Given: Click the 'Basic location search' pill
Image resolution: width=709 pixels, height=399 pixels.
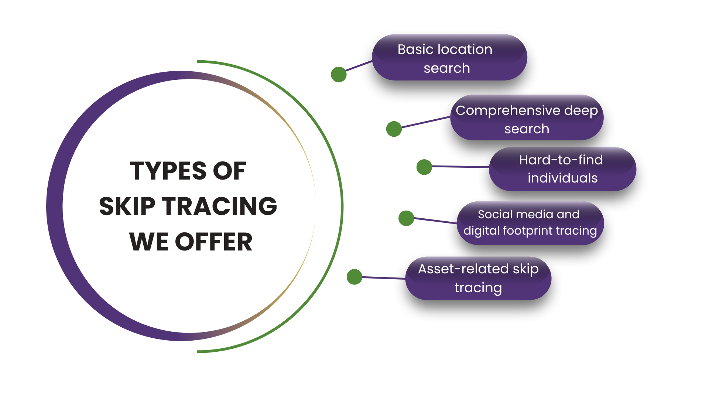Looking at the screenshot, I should coord(449,58).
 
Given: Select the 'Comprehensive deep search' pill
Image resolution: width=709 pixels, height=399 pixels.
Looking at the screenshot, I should coord(527,118).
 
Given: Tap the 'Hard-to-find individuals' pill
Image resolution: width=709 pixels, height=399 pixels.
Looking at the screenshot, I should coord(562,169).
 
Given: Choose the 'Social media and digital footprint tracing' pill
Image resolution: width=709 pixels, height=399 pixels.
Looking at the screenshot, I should coord(530,223).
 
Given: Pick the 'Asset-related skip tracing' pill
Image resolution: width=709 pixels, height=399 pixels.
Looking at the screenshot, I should coord(478,278).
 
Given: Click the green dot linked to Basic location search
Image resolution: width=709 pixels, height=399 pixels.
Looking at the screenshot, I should coord(339,74).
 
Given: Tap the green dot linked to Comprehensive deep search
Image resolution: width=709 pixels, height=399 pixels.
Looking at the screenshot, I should coord(394,129).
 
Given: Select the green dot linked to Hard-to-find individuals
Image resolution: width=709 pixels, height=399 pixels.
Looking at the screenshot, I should coord(424,167).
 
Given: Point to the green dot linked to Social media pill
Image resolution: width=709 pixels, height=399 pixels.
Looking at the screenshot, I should coord(406,218).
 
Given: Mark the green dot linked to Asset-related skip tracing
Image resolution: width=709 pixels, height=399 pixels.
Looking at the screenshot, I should coord(354,277).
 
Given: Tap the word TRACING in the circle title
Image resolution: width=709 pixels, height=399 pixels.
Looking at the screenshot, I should coord(219,206).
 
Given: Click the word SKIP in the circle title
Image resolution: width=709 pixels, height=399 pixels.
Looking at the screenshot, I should coord(127,206).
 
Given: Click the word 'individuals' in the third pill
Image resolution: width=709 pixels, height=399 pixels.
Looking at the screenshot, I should coord(562,178).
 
